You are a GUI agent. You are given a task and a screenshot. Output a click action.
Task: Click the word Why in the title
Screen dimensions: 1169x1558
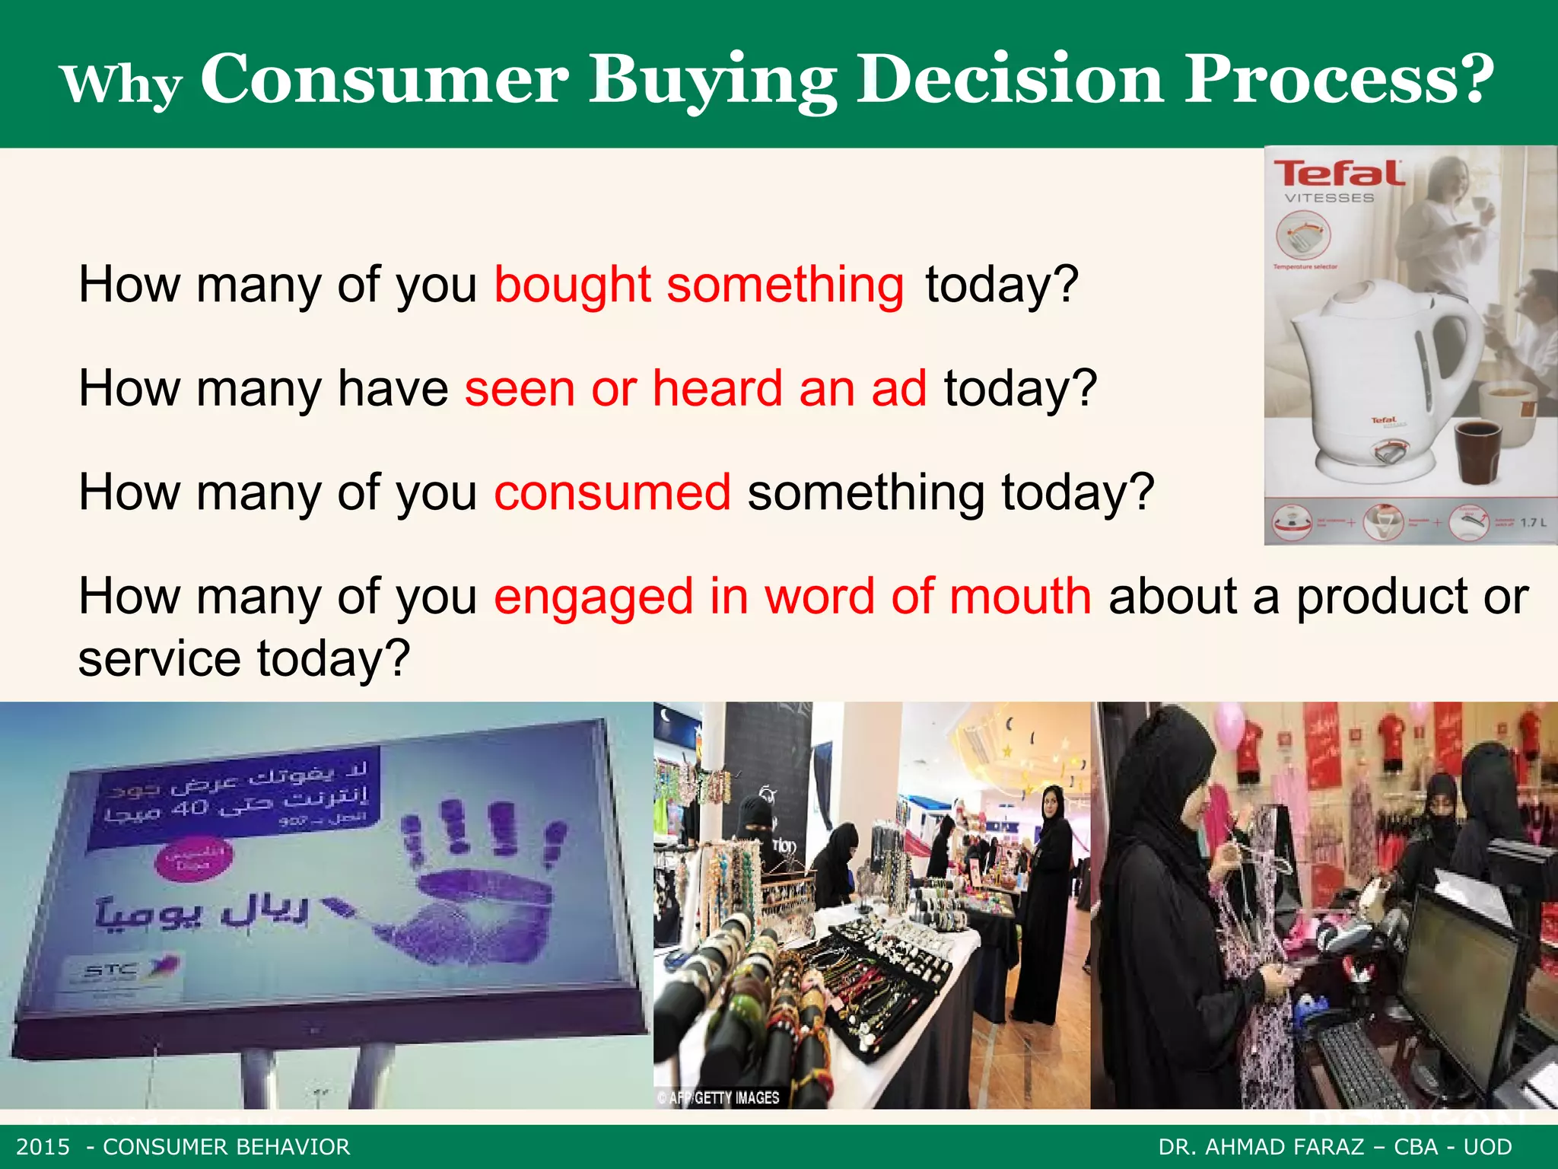tap(122, 84)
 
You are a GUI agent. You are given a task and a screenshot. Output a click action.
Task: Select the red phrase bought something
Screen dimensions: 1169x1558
tap(699, 285)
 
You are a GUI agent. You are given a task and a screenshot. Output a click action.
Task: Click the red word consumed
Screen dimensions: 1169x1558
tap(612, 492)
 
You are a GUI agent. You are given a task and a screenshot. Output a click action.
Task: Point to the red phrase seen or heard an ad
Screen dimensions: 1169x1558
tap(695, 389)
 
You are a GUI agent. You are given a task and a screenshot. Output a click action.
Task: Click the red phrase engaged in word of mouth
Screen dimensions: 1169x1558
tap(793, 596)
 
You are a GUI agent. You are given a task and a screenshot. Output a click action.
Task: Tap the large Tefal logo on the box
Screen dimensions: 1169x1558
tap(1338, 174)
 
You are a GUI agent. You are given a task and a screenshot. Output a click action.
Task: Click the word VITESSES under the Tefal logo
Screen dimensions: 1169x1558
tap(1329, 199)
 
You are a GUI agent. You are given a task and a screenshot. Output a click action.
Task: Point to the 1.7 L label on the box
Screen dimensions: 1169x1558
tap(1533, 523)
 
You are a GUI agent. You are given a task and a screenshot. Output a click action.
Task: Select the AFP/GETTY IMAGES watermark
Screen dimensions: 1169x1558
tap(718, 1097)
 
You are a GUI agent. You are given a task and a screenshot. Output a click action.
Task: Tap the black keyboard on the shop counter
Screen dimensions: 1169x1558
tap(1362, 1065)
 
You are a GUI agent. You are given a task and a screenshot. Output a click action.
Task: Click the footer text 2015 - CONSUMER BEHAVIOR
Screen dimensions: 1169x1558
tap(183, 1147)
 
